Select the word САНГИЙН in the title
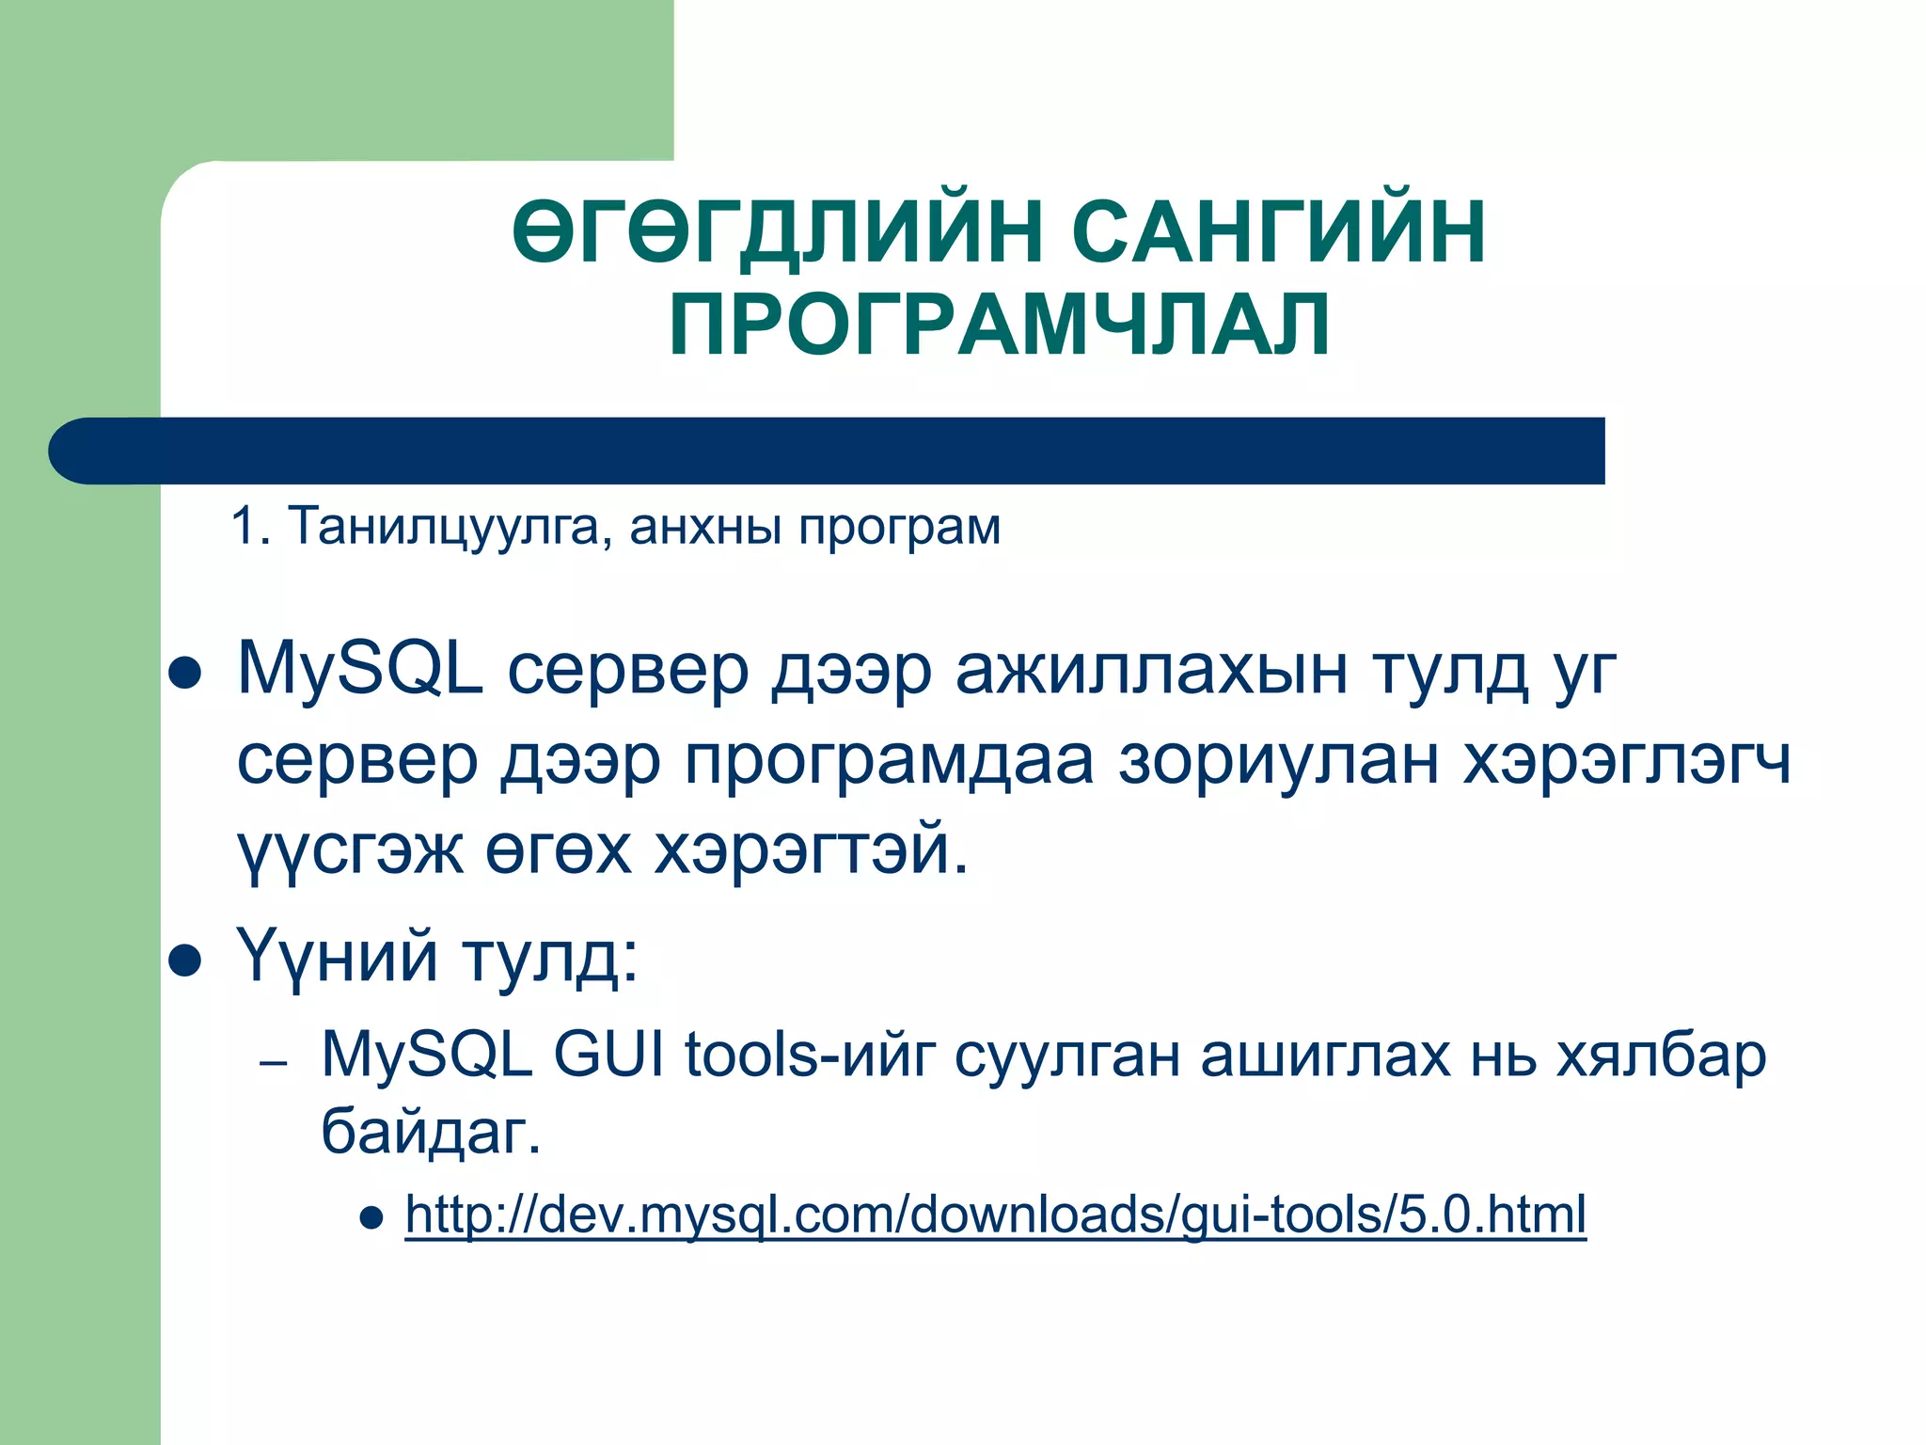1278,233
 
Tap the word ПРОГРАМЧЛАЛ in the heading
1000,326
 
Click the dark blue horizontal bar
828,451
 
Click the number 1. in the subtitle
250,527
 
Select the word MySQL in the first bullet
359,670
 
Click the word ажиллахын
1151,670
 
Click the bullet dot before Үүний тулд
185,962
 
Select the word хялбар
1661,1055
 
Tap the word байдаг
431,1131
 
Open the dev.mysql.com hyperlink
995,1215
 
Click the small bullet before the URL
372,1219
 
